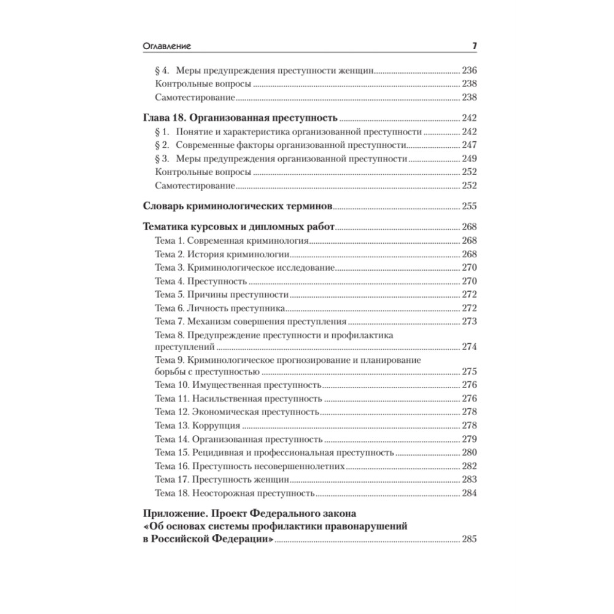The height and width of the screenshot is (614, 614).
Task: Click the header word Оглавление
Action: pos(166,45)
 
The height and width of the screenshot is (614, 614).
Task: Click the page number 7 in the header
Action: pos(474,45)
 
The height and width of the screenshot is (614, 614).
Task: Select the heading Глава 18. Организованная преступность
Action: pos(240,119)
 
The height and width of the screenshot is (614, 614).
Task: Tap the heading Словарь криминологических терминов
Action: pos(238,206)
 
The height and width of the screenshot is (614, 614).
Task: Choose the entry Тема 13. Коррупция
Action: pos(197,426)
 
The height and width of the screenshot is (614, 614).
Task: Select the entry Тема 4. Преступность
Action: pos(201,281)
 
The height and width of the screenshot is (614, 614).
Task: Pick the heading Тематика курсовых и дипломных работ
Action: pos(238,227)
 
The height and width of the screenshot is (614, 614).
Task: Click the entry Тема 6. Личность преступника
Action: pos(219,308)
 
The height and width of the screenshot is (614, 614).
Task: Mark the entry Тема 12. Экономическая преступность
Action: pos(237,412)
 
